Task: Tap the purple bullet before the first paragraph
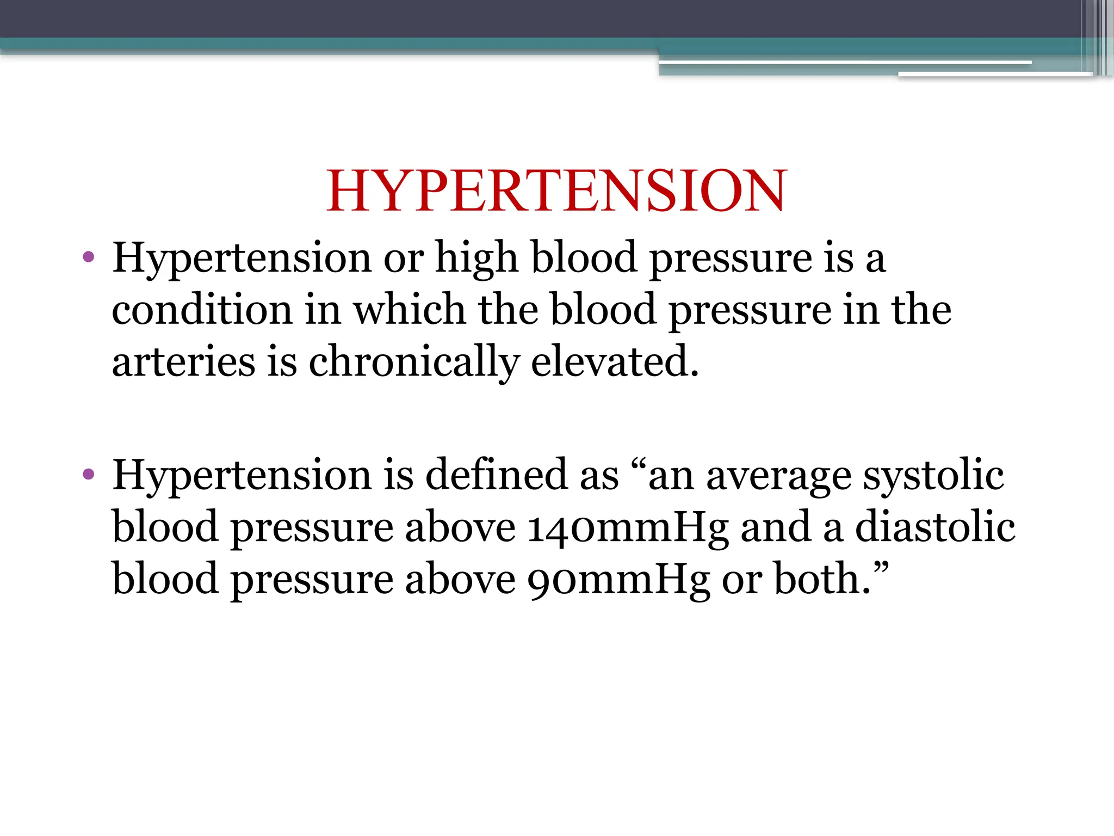click(x=89, y=256)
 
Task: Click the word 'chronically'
click(x=413, y=362)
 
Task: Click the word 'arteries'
click(x=183, y=362)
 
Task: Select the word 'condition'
click(x=202, y=309)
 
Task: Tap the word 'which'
click(x=410, y=309)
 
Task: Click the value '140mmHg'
click(x=628, y=528)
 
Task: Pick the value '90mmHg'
click(x=618, y=580)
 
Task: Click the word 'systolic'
click(x=933, y=475)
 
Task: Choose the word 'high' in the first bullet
click(x=476, y=257)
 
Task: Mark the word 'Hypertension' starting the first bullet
click(x=242, y=257)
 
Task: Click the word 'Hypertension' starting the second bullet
click(x=242, y=475)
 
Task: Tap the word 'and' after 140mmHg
click(x=776, y=527)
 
